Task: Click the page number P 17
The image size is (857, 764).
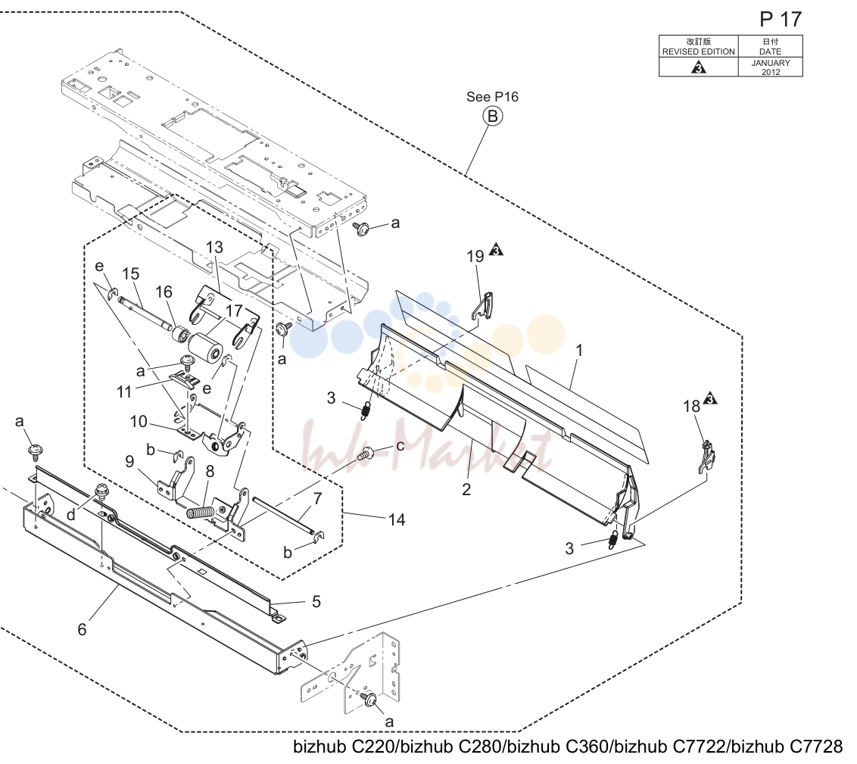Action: coord(781,20)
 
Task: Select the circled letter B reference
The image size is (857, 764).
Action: coord(492,116)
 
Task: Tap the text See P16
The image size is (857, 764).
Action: coord(492,97)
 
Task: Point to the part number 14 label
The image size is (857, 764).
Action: coord(397,519)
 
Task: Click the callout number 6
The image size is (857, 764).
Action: coord(82,629)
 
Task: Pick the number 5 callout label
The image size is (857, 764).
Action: coord(316,602)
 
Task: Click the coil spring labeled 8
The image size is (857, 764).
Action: coord(201,513)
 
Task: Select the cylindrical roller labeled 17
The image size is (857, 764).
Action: coord(206,345)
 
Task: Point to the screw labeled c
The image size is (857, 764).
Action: coord(365,454)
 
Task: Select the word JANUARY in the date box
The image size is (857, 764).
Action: coord(770,63)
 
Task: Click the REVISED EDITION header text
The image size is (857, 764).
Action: coord(699,51)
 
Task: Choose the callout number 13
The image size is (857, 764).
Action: coord(214,247)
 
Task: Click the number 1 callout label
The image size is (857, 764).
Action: coord(579,351)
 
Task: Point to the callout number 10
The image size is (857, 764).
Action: coord(139,421)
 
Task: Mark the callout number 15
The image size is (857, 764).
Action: coord(131,274)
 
